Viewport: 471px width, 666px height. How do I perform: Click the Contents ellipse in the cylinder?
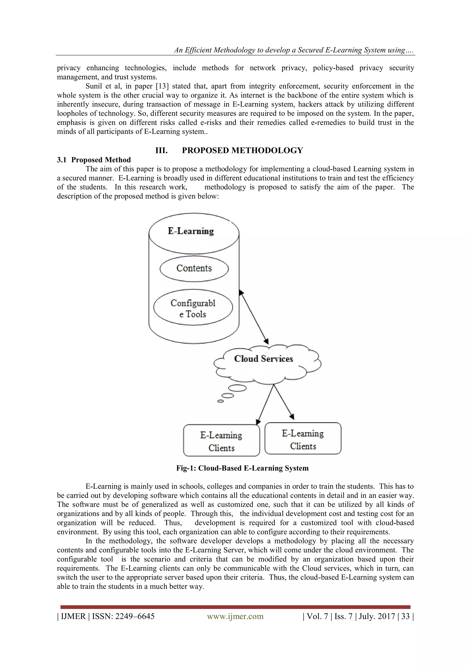(x=194, y=268)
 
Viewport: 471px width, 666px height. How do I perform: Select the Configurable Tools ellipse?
(x=193, y=308)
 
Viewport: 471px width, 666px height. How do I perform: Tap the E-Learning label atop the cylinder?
(x=191, y=231)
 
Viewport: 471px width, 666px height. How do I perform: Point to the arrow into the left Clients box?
(x=265, y=405)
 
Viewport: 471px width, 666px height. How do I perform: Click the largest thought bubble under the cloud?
(x=237, y=388)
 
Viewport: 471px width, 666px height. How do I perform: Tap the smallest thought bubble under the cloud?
(x=220, y=401)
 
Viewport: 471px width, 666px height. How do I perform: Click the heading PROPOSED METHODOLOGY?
(x=242, y=150)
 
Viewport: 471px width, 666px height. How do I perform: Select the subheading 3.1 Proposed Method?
(x=94, y=160)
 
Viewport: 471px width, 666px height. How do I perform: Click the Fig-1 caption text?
(x=242, y=468)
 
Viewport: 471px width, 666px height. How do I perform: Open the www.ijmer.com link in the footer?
(x=235, y=616)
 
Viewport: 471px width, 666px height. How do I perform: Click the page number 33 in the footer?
(x=405, y=616)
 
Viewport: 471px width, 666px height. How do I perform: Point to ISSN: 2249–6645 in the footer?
(x=123, y=616)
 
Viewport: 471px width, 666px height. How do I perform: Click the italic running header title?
(x=293, y=50)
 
